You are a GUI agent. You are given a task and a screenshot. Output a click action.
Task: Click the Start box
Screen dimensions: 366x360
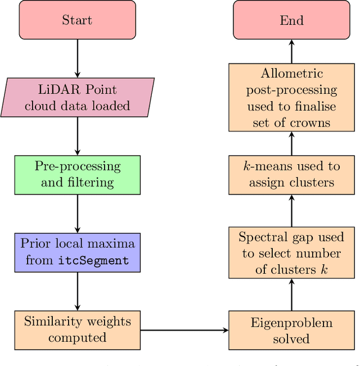77,20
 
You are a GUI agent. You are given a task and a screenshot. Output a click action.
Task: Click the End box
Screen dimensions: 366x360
291,20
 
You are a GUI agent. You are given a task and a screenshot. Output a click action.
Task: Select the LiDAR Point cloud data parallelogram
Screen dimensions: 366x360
77,98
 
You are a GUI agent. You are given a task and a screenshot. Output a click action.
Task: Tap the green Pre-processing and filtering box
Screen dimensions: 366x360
77,174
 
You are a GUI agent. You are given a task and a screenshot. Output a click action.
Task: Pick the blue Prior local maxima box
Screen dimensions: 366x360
77,252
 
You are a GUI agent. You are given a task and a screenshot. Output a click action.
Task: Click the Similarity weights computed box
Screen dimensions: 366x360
77,329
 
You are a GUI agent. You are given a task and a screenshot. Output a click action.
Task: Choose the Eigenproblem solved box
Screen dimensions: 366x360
291,331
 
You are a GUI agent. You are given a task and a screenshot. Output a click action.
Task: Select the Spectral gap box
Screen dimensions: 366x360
291,253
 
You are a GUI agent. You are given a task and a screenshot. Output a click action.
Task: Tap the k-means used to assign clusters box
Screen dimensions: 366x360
291,174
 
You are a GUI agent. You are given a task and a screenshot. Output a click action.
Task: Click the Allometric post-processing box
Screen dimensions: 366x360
291,97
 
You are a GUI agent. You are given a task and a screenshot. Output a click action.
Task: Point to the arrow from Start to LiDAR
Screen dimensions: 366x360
77,59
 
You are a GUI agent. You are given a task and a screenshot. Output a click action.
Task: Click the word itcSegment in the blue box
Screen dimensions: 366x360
93,260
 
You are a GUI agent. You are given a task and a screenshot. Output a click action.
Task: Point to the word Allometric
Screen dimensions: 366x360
291,73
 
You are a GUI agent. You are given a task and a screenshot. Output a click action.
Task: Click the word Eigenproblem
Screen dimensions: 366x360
291,323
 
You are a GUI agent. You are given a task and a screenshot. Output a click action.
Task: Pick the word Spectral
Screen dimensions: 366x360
262,237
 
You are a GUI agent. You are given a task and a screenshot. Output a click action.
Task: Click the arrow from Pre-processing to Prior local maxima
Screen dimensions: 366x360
77,214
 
